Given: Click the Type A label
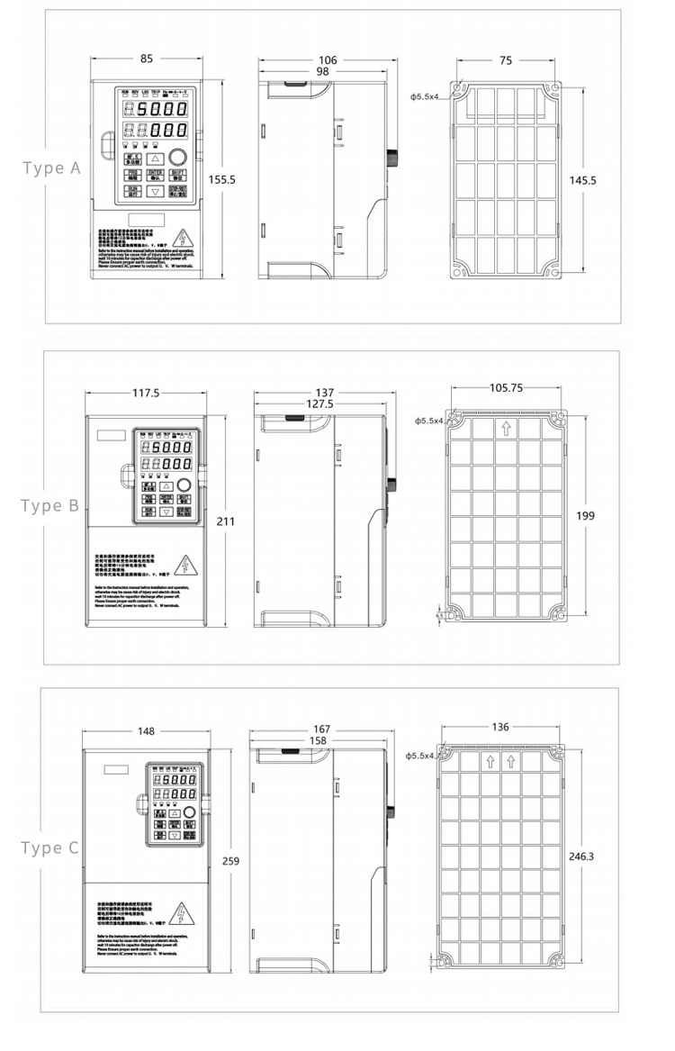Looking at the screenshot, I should pos(51,168).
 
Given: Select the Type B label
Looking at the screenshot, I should pos(50,505).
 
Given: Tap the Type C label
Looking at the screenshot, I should pos(50,847).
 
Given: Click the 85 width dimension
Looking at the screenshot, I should pos(146,59).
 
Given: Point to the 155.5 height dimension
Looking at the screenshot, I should pos(222,179).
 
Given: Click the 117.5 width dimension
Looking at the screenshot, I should pos(145,394).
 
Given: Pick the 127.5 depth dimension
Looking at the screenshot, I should pos(319,404).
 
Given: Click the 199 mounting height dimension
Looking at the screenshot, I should pos(587,515).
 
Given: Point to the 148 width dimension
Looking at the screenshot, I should pos(146,730).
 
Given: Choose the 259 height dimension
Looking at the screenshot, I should pos(230,861).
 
